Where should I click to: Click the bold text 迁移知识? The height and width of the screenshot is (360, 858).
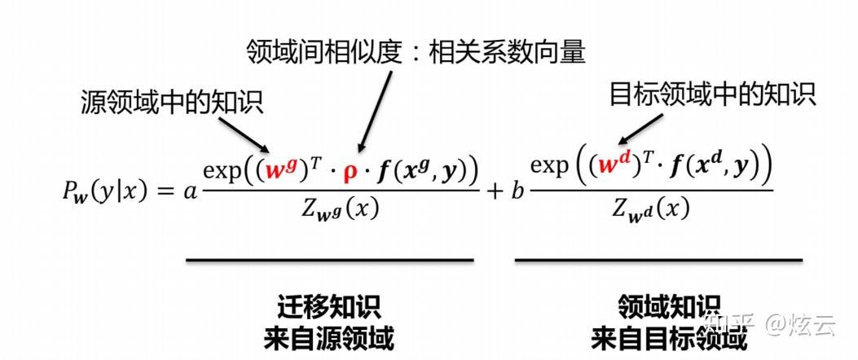329,307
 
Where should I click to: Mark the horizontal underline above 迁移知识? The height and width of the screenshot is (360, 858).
329,261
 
